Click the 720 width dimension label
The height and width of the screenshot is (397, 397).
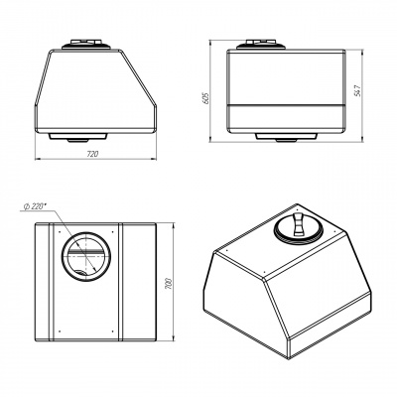point(93,154)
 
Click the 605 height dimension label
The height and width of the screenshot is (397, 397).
point(205,98)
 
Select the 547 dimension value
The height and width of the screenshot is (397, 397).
point(357,90)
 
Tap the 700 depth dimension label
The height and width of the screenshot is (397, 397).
point(169,285)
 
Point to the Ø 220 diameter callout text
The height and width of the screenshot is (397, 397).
point(35,206)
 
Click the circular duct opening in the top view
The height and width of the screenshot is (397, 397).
point(86,256)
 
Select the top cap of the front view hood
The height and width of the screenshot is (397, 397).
point(87,45)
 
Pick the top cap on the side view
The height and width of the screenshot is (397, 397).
point(261,45)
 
